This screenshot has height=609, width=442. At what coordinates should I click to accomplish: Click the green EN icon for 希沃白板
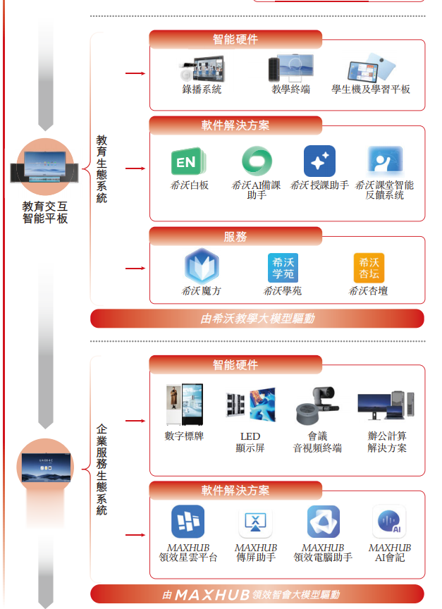(187, 162)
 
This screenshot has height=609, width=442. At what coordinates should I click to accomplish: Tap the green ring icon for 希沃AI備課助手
(256, 161)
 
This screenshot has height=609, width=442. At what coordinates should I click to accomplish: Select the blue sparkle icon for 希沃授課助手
(319, 161)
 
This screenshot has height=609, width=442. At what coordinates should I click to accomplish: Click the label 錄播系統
(202, 90)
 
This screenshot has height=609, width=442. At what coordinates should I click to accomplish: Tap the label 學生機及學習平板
(371, 90)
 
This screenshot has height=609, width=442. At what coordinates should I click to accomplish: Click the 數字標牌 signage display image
(184, 406)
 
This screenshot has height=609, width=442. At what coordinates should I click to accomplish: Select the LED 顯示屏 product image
(250, 406)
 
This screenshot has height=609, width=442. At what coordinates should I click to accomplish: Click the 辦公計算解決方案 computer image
(386, 407)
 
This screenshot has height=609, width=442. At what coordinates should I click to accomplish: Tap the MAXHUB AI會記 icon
(389, 522)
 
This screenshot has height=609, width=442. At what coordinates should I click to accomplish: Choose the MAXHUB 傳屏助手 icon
(255, 522)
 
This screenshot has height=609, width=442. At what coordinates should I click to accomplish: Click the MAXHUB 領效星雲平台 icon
(188, 522)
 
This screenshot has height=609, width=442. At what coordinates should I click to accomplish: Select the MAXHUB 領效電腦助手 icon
(323, 522)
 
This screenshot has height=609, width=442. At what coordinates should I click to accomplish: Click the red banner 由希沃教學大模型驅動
(257, 319)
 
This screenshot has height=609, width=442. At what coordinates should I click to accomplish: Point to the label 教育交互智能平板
(45, 213)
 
